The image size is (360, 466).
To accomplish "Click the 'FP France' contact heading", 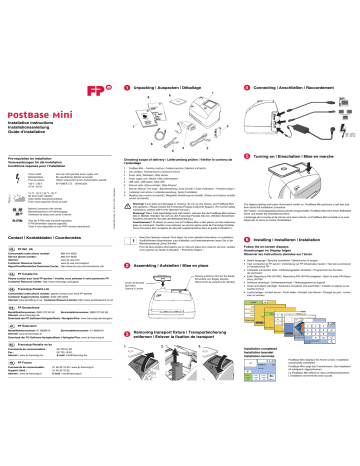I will click(x=28, y=411).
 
